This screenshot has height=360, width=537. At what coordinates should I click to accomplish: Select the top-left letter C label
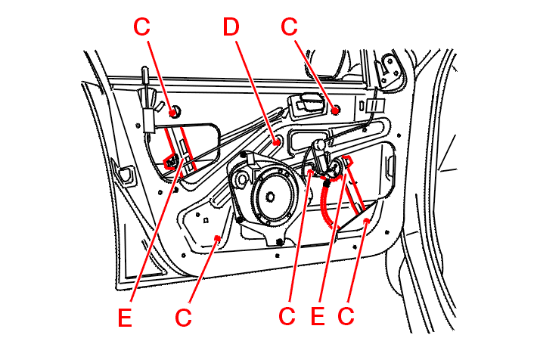coord(142,26)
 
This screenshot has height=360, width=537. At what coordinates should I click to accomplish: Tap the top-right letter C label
coord(289,26)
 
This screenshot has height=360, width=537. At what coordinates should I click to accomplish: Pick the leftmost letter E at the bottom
coord(125,318)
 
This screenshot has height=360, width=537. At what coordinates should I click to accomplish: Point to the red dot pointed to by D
coord(278,141)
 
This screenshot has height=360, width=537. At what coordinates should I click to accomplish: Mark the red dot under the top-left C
coord(175,112)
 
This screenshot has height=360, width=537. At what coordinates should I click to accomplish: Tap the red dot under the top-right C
coord(334,110)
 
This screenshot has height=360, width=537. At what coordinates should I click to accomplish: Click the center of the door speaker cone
coord(268,199)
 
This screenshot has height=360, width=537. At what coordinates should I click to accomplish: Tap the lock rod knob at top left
coord(144,73)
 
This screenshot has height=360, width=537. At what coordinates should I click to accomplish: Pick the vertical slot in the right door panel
coord(391,163)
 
